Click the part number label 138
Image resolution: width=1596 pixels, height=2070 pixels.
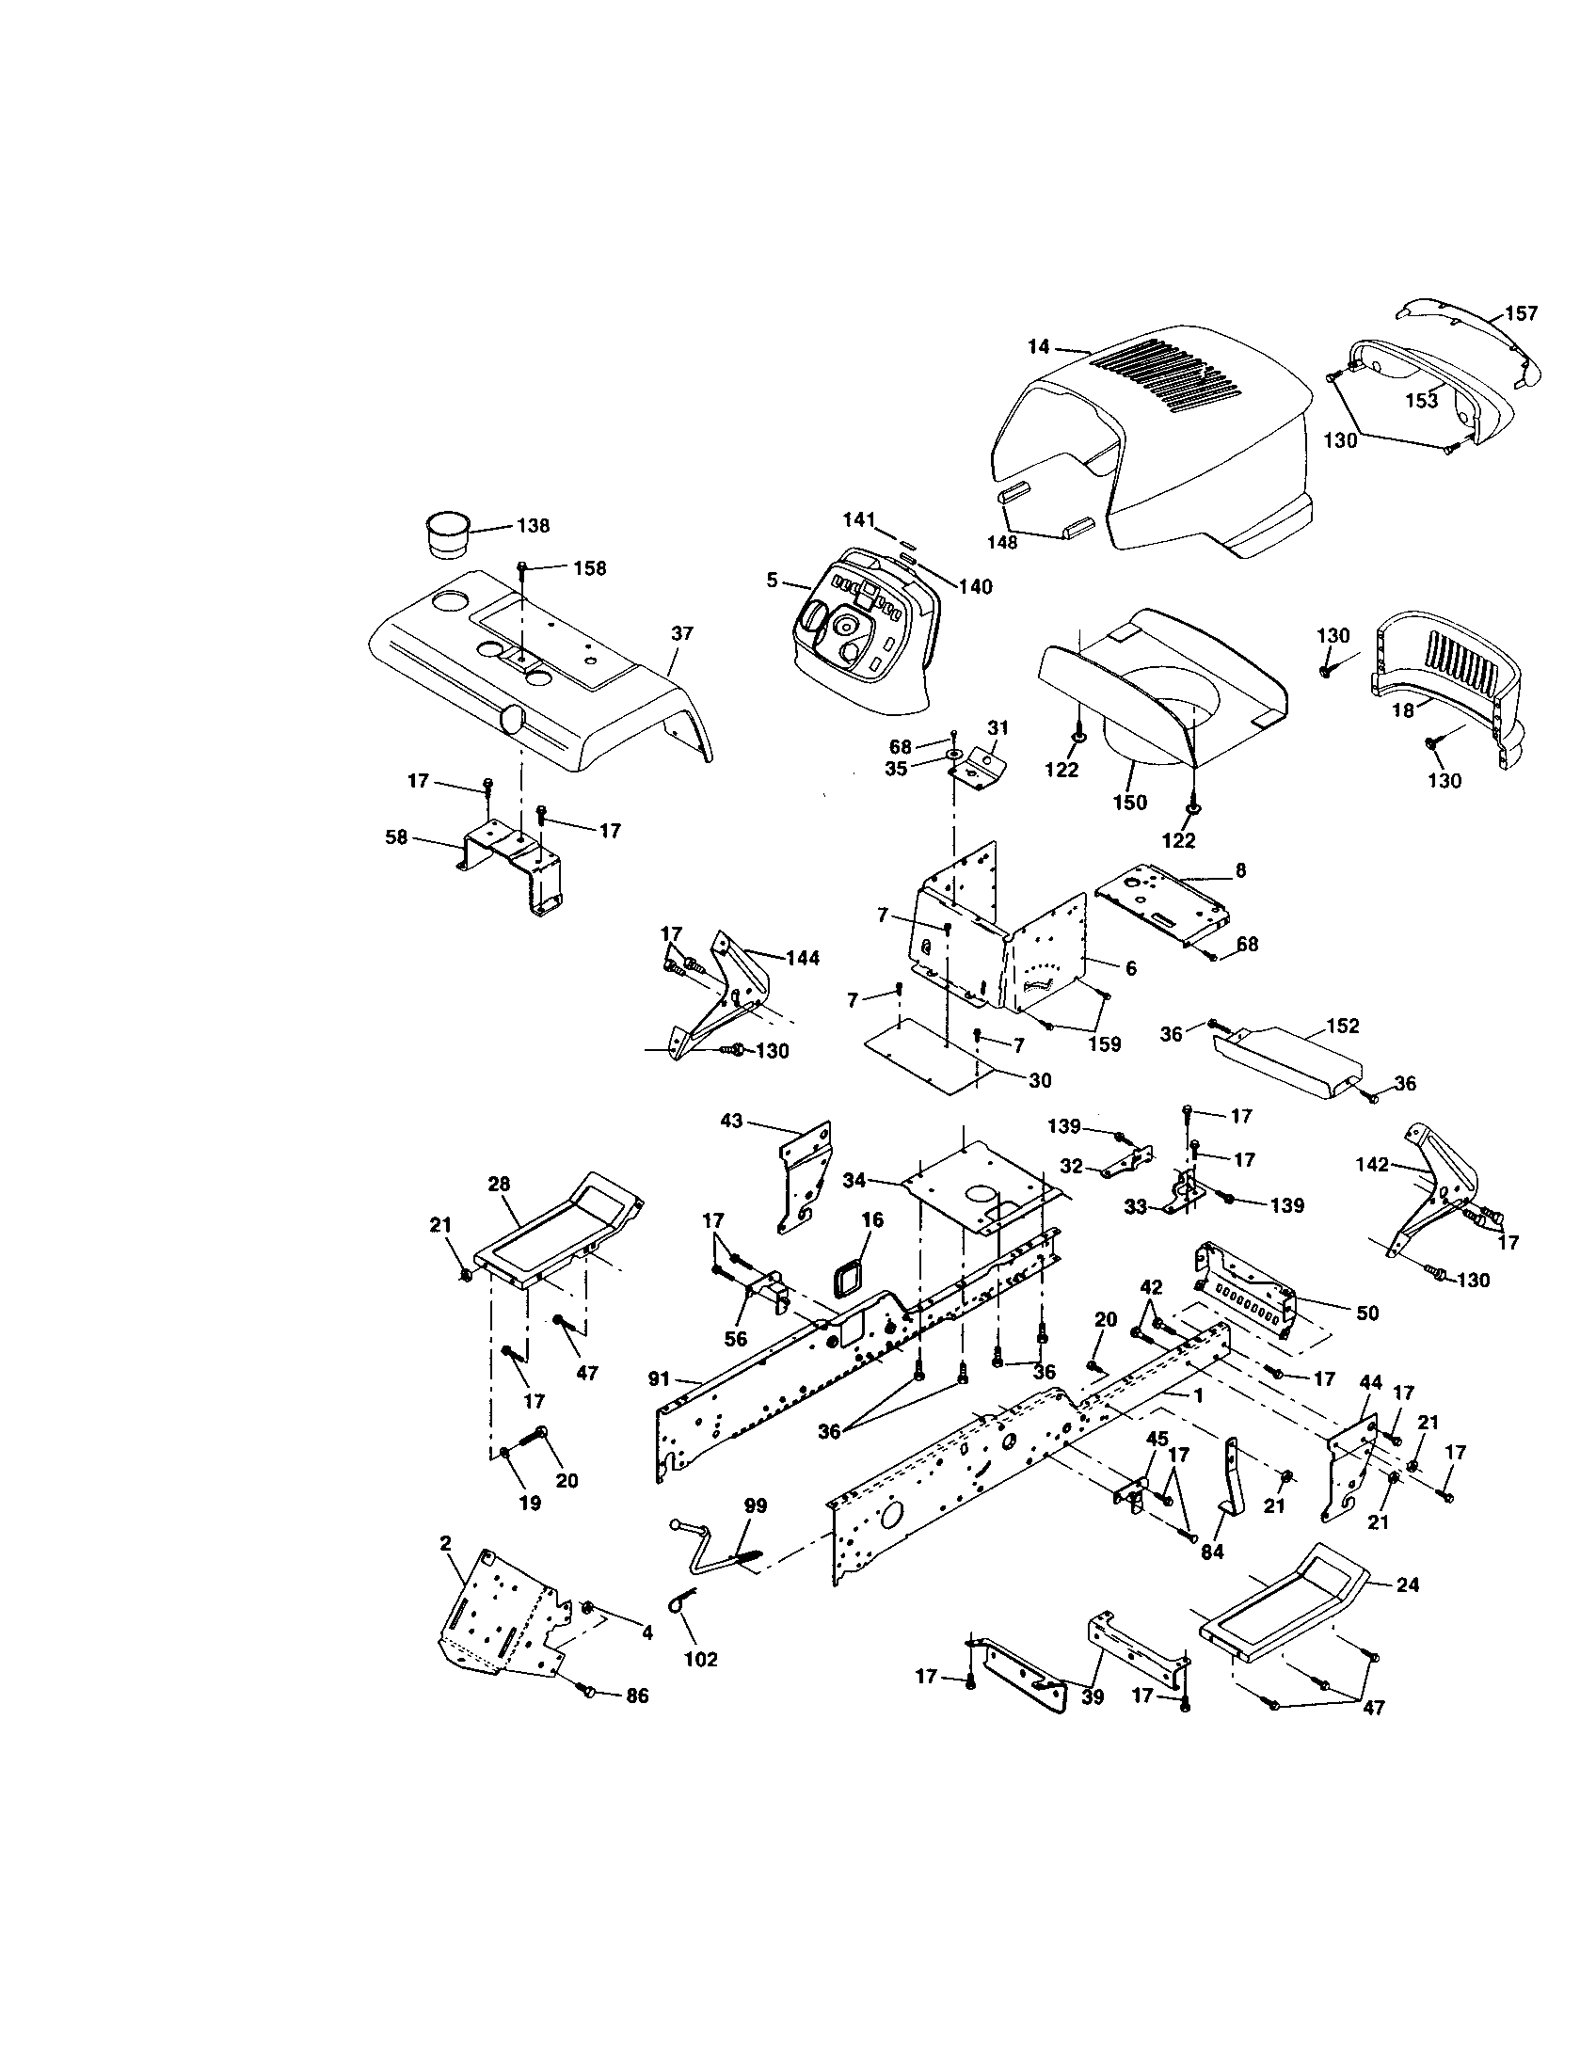(534, 526)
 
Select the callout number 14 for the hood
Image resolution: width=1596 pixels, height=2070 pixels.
(1039, 347)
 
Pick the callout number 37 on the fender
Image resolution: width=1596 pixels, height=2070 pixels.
(682, 634)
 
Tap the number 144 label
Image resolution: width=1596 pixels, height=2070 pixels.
(803, 958)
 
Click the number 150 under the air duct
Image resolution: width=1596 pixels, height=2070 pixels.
(1129, 803)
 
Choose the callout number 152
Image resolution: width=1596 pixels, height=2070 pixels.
(1343, 1026)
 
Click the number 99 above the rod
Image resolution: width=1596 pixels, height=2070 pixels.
(757, 1506)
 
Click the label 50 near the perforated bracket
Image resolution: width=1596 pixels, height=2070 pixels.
(1367, 1313)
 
